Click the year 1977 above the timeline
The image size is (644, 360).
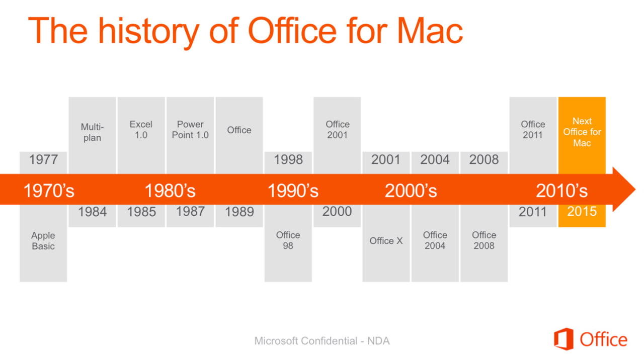coord(43,159)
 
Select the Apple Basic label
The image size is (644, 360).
coord(43,241)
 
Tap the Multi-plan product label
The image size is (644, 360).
coord(92,132)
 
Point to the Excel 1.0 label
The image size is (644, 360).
coord(141,130)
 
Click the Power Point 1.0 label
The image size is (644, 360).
coord(190,130)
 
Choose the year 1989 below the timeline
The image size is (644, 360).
coord(239,212)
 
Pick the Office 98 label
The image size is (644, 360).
coord(288,240)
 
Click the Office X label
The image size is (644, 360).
coord(386,241)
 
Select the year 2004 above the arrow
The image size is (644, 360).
coord(435,159)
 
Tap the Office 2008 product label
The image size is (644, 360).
coord(484,240)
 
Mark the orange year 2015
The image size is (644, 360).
coord(582,212)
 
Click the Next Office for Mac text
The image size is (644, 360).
coord(582,132)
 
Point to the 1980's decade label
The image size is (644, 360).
coord(170,191)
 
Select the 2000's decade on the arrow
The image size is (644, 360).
coord(411,191)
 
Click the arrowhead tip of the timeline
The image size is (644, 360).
coord(635,190)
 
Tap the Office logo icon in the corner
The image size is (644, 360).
coord(563,339)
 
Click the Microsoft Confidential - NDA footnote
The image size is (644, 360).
coord(322,341)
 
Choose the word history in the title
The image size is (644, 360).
coord(149,32)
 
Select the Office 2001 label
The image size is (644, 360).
coord(337,130)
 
